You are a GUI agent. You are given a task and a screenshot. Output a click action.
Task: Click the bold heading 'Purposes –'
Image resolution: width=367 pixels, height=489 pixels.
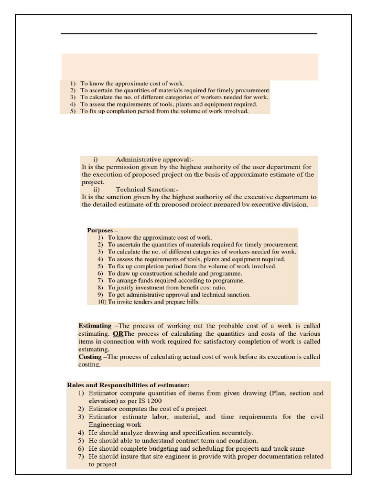(x=102, y=230)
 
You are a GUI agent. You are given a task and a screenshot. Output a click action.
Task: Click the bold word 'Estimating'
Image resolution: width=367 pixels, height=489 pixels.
(x=95, y=326)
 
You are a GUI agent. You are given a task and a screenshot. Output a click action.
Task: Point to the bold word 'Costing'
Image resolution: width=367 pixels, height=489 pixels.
(x=90, y=357)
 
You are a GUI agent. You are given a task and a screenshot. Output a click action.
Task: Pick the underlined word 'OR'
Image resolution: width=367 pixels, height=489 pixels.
(x=118, y=333)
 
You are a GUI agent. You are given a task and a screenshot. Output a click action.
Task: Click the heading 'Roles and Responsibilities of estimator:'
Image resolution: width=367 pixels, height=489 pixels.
(x=128, y=385)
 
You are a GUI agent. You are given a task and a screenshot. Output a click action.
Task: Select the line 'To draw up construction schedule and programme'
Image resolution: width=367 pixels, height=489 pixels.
(x=175, y=273)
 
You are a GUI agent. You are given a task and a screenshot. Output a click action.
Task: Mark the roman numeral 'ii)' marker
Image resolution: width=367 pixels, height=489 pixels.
(x=97, y=189)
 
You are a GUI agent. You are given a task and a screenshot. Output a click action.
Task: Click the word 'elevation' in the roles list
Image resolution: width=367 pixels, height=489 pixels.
(x=102, y=401)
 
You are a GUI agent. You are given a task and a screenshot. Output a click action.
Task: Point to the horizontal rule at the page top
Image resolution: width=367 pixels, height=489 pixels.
(x=189, y=33)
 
